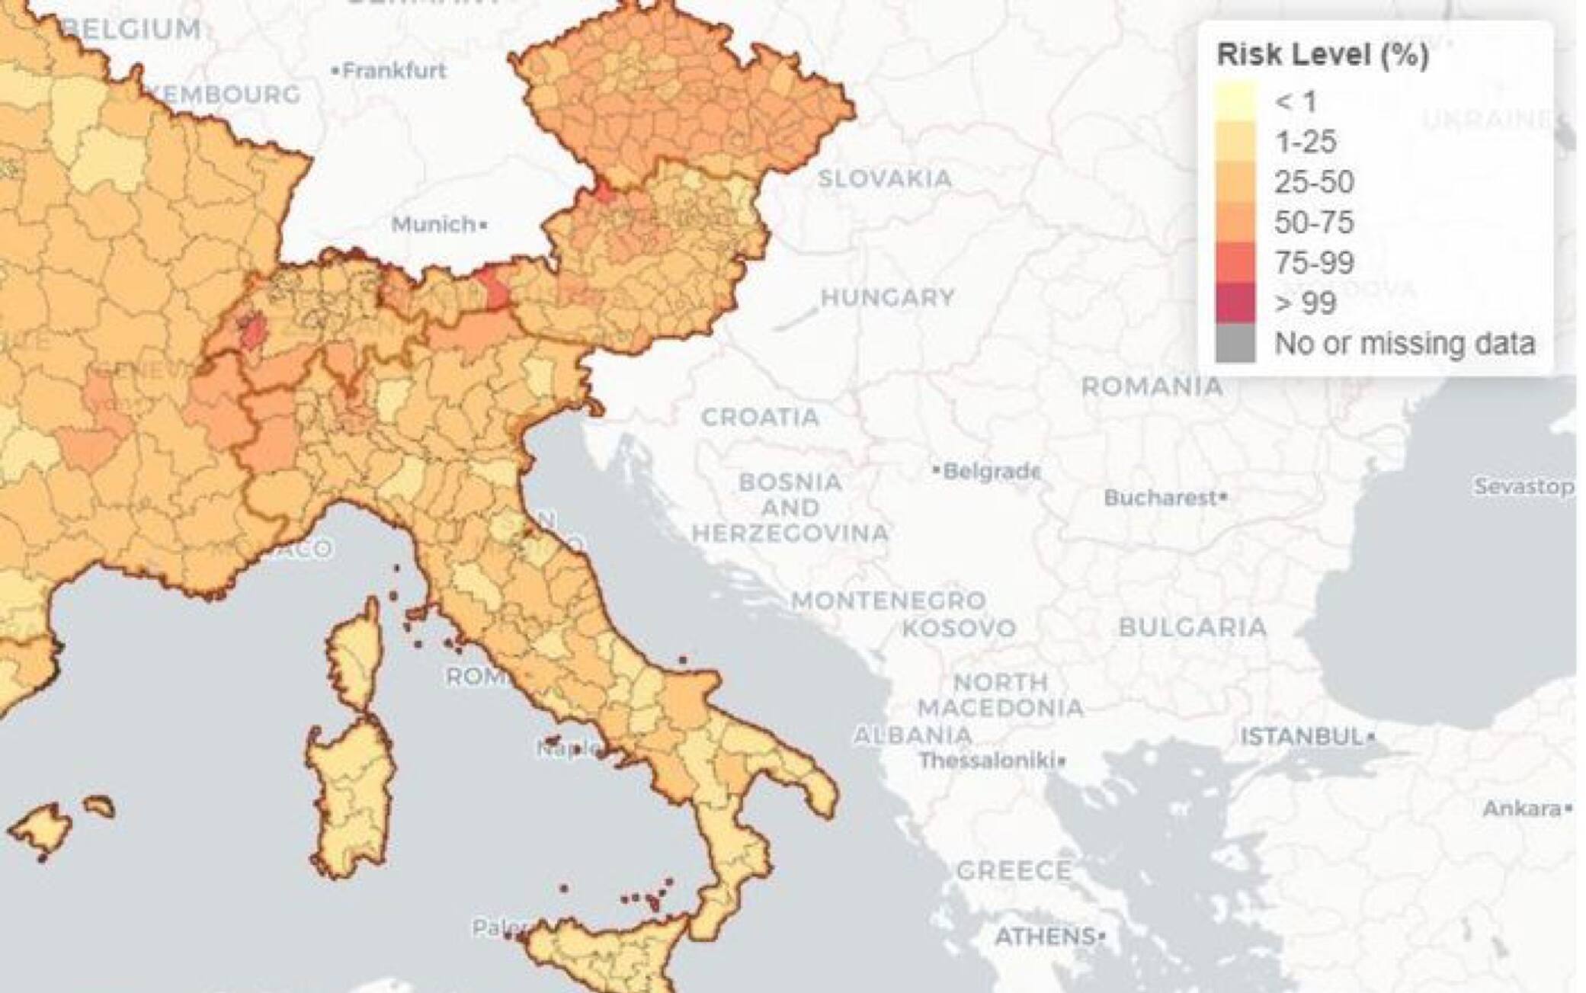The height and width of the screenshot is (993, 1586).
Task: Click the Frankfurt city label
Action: [393, 71]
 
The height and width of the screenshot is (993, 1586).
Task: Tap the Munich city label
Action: [434, 225]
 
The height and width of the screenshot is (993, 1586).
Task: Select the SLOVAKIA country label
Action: [884, 179]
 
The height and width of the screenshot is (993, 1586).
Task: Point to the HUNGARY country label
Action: [887, 297]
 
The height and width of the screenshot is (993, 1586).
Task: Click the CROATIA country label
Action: [760, 417]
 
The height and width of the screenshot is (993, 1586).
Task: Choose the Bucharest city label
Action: [1161, 498]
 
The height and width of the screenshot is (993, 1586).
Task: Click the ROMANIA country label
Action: [1152, 386]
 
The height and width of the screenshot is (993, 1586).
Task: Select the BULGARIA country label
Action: [1192, 627]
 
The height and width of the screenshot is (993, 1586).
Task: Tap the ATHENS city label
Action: [1045, 935]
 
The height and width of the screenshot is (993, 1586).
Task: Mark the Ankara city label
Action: [1521, 808]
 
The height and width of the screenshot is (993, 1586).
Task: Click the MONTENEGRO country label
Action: [889, 601]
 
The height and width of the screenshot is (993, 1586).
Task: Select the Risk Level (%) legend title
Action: [1322, 55]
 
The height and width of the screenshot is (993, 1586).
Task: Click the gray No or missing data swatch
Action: [1235, 344]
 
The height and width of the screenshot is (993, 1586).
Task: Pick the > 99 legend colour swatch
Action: [1235, 303]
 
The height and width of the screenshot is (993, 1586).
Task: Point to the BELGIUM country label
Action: [134, 29]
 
